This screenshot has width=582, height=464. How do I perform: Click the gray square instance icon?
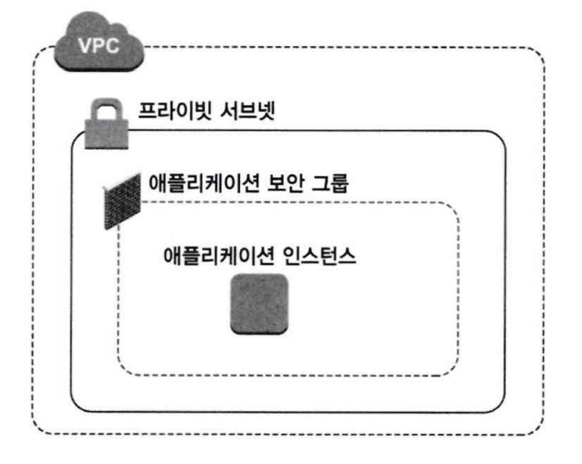pos(259,304)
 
